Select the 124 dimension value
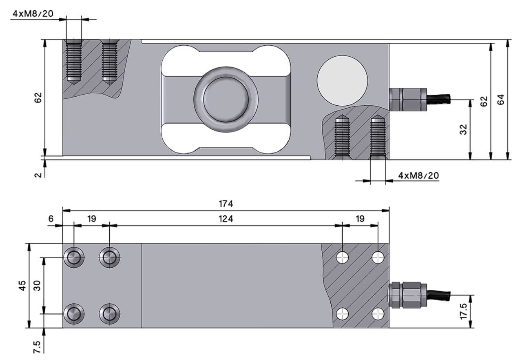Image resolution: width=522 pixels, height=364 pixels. [226, 219]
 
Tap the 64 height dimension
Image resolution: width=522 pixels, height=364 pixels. [501, 99]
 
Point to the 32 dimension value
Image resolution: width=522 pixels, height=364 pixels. [463, 129]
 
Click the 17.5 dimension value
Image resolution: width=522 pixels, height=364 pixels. [463, 311]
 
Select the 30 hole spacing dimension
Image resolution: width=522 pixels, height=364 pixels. [37, 285]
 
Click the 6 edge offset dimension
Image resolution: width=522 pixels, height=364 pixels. [51, 219]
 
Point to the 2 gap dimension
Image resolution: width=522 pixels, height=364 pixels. [38, 174]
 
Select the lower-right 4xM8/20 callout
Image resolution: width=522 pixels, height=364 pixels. [419, 175]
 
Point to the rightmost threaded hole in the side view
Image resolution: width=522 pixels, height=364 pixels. [378, 137]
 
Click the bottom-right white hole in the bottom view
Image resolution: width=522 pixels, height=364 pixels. [378, 313]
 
